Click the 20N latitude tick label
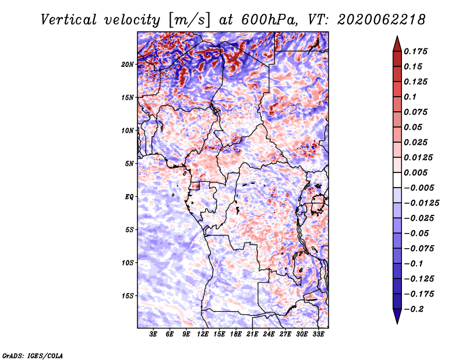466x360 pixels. (128, 65)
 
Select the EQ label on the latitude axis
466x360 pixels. (129, 197)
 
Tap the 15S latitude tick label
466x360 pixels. (128, 296)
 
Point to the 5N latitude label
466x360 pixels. (129, 164)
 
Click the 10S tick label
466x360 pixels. (128, 263)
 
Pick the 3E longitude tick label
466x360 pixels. (153, 334)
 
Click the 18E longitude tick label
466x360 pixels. (236, 334)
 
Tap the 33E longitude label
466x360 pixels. (318, 334)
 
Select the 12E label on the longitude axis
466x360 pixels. (203, 334)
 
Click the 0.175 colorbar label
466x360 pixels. (416, 51)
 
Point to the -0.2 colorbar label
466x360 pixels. (414, 309)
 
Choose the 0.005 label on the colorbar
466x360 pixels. (416, 172)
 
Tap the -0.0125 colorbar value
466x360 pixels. (421, 203)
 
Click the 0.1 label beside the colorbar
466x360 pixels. (411, 97)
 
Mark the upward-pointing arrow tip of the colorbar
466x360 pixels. (397, 36)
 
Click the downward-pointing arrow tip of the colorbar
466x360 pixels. (397, 324)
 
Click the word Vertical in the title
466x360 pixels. (69, 20)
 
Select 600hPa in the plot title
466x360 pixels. (270, 20)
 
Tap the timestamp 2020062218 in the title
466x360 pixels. (382, 20)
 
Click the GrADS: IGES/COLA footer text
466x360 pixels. (33, 355)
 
